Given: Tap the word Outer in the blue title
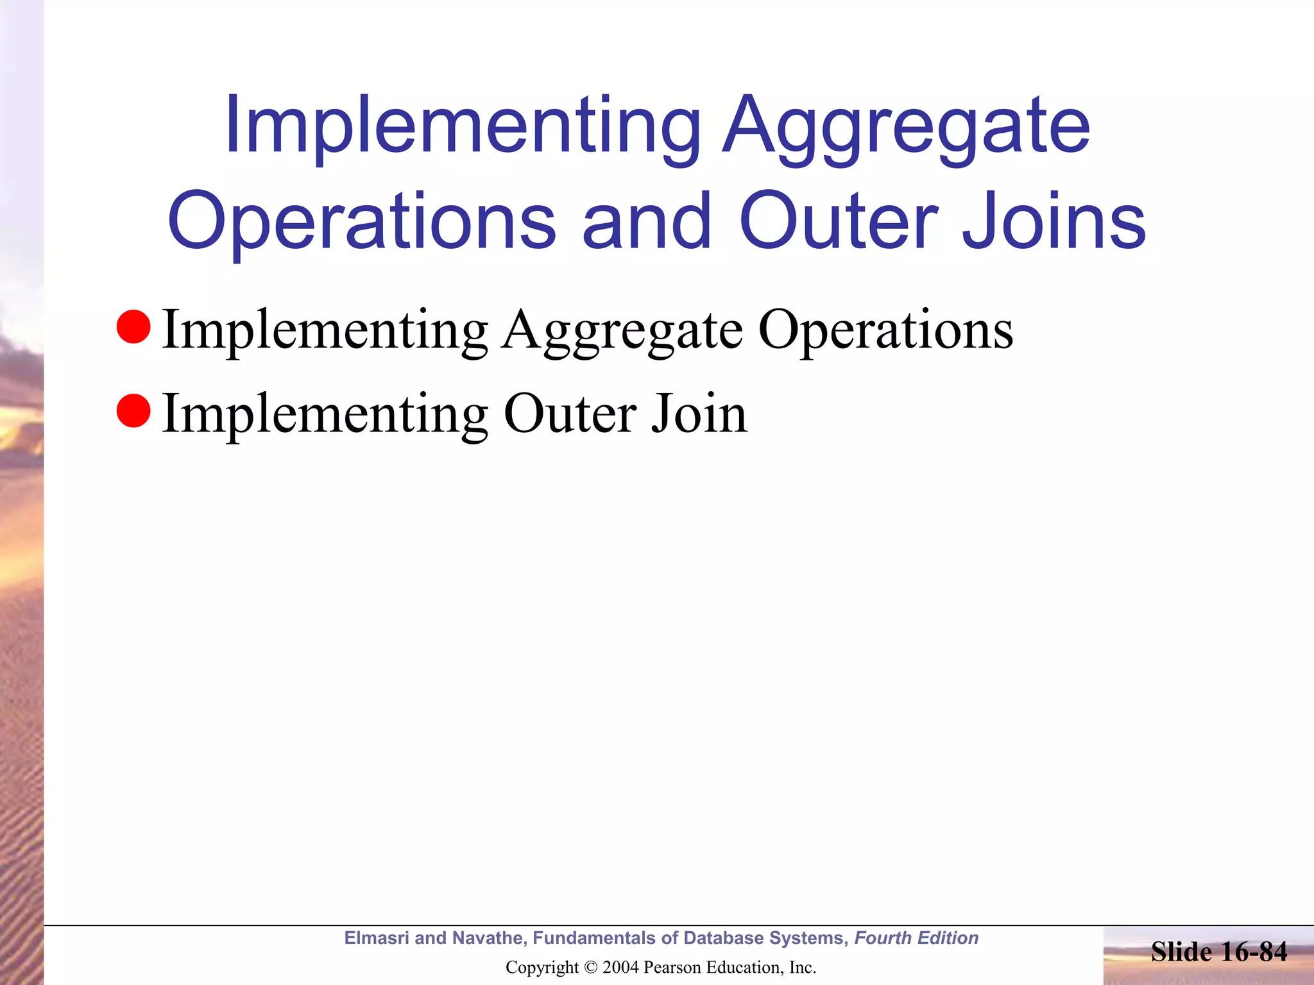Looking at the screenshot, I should [x=837, y=221].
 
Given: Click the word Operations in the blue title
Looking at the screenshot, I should [x=362, y=221].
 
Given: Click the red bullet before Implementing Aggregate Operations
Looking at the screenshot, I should [x=133, y=326].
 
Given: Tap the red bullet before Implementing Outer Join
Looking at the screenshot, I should [x=133, y=410].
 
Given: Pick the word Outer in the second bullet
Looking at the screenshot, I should [x=570, y=414].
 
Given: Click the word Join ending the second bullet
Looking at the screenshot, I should [x=699, y=414].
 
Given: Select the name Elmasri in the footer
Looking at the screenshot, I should [x=377, y=938].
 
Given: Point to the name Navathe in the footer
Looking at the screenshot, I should [x=488, y=938].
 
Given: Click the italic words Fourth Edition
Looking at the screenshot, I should [x=916, y=938].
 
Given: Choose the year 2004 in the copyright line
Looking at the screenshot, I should [x=620, y=967].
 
